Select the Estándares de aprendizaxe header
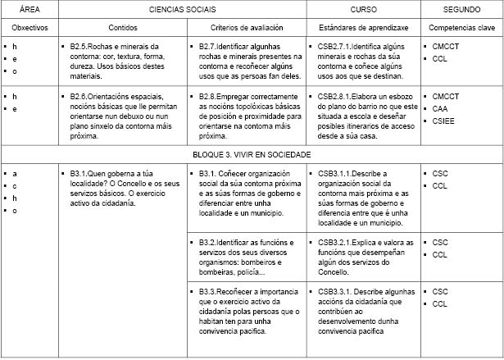(x=364, y=28)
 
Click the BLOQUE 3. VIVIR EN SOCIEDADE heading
(x=252, y=154)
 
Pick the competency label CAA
(x=440, y=109)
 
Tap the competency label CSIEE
(x=443, y=121)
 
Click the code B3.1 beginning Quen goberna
(x=79, y=174)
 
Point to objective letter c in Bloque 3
(x=14, y=186)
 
